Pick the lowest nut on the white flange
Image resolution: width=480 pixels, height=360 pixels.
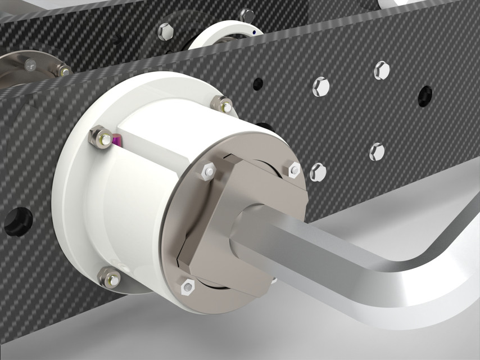109,277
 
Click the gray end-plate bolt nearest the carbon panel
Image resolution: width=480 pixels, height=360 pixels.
294,169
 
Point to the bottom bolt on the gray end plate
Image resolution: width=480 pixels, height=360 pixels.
188,287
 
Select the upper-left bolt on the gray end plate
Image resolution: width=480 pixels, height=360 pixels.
207,170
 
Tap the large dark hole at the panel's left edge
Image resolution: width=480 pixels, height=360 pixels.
17,220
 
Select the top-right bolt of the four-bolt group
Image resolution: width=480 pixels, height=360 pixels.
382,70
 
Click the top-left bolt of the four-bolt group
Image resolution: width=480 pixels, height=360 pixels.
320,86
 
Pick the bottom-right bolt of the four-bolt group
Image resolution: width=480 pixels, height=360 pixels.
377,151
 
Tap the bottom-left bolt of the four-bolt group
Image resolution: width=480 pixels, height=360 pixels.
318,172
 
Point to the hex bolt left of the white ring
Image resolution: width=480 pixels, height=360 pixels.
166,31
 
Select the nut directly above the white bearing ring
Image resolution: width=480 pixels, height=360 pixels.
246,15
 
